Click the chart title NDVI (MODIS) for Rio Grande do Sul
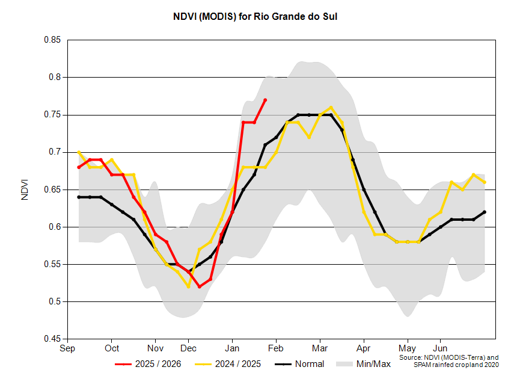255,17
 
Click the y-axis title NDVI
25,189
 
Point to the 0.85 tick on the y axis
53,40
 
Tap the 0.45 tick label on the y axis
53,339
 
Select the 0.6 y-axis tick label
55,227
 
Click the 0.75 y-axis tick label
53,115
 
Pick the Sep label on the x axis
67,348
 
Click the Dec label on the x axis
188,348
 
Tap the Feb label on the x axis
276,348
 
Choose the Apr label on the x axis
363,348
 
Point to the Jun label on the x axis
441,348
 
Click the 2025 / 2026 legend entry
148,364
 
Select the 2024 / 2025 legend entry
228,364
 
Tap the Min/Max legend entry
363,364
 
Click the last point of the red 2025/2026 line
265,100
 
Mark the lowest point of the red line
199,286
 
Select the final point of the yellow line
485,182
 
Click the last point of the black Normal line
485,212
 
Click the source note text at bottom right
448,361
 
